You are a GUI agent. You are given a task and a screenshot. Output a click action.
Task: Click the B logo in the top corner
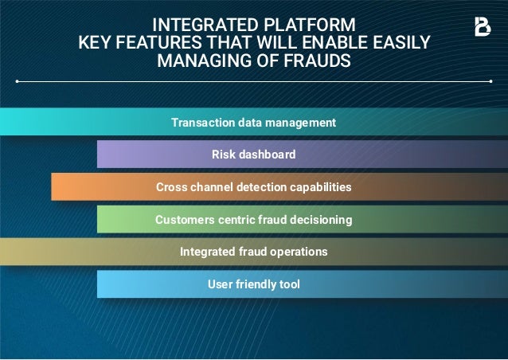(483, 26)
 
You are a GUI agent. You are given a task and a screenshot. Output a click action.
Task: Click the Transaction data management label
(254, 123)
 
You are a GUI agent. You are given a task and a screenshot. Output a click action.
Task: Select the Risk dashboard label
(254, 155)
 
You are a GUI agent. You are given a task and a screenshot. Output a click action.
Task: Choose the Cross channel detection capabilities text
(254, 187)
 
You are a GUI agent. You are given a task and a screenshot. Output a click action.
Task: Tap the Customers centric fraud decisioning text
(254, 219)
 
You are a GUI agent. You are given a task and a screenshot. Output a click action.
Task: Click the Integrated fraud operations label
(254, 252)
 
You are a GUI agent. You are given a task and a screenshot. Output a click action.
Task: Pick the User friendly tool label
(254, 284)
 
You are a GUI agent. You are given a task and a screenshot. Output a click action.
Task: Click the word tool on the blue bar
(288, 284)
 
